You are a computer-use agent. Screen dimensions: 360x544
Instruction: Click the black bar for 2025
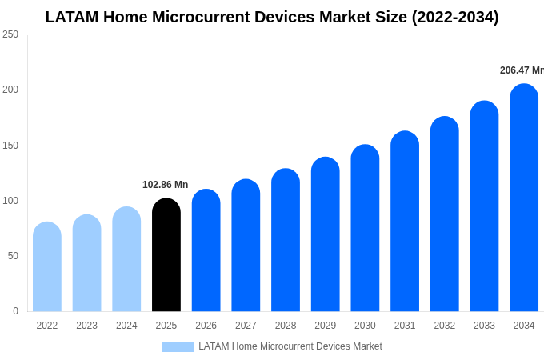pyautogui.click(x=166, y=255)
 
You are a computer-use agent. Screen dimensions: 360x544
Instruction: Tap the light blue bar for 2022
pyautogui.click(x=47, y=267)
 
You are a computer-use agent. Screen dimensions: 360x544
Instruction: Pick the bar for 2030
pyautogui.click(x=365, y=228)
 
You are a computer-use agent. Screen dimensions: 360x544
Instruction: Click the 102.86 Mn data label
pyautogui.click(x=166, y=185)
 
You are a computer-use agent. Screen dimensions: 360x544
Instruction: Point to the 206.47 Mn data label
pyautogui.click(x=521, y=70)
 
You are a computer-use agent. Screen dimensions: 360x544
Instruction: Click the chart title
pyautogui.click(x=272, y=17)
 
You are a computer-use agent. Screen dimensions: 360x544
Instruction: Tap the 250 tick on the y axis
pyautogui.click(x=10, y=34)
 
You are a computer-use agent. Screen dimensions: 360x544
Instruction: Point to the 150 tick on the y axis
pyautogui.click(x=10, y=146)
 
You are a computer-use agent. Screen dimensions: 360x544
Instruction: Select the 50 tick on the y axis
pyautogui.click(x=13, y=256)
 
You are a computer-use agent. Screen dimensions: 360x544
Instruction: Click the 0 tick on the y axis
pyautogui.click(x=15, y=311)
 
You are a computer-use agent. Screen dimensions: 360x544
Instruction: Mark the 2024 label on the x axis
pyautogui.click(x=126, y=326)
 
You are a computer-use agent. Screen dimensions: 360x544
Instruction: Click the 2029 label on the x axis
pyautogui.click(x=325, y=326)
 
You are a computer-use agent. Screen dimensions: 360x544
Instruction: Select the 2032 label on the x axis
pyautogui.click(x=444, y=326)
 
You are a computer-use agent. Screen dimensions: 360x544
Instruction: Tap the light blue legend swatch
pyautogui.click(x=178, y=347)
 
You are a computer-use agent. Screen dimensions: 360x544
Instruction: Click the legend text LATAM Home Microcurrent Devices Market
pyautogui.click(x=290, y=346)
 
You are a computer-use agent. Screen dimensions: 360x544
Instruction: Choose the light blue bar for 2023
pyautogui.click(x=86, y=263)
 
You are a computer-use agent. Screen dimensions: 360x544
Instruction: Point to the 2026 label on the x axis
pyautogui.click(x=206, y=326)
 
